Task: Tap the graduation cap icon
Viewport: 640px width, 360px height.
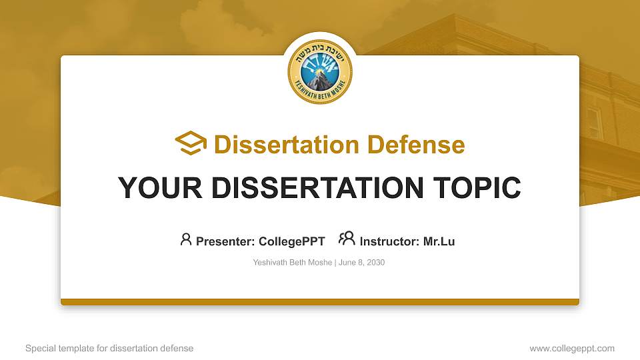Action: pyautogui.click(x=191, y=143)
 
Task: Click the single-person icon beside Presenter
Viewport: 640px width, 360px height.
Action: pyautogui.click(x=186, y=239)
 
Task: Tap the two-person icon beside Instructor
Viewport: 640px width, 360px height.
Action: pyautogui.click(x=347, y=239)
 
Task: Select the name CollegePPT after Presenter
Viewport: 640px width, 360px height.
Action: pyautogui.click(x=291, y=241)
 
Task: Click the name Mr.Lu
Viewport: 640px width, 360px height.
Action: pyautogui.click(x=439, y=241)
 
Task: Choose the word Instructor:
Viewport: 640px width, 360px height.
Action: pyautogui.click(x=389, y=241)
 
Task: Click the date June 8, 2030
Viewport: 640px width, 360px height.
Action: pyautogui.click(x=362, y=263)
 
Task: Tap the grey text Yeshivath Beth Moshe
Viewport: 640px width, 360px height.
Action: pyautogui.click(x=292, y=263)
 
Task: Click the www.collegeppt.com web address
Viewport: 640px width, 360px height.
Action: pyautogui.click(x=571, y=348)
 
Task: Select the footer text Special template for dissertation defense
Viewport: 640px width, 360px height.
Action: pyautogui.click(x=109, y=348)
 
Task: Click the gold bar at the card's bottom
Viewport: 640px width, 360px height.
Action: pyautogui.click(x=320, y=302)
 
